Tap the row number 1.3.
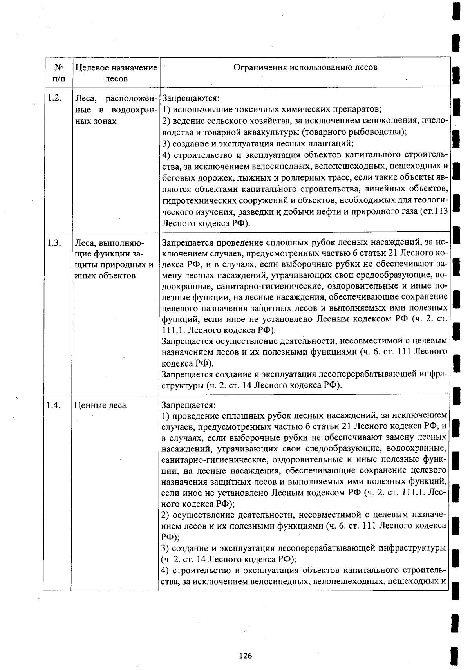54,243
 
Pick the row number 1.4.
53,405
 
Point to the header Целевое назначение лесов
116,73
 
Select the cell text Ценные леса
100,405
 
